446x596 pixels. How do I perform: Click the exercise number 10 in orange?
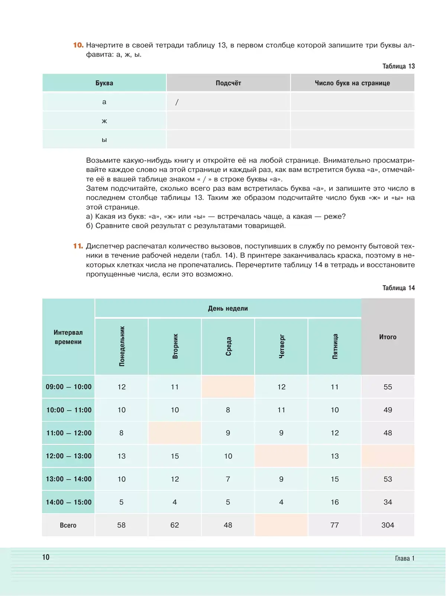pos(78,45)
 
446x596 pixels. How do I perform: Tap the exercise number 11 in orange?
pos(78,246)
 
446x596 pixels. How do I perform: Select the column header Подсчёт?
pos(228,83)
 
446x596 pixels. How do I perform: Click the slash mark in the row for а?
pos(177,102)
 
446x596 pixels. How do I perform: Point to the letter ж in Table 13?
pos(104,121)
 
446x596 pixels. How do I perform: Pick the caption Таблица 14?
pos(398,288)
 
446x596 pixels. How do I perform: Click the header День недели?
pos(228,308)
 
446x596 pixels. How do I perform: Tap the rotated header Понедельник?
pos(122,346)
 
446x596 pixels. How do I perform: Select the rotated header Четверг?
pos(282,346)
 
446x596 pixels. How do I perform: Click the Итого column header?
pos(388,337)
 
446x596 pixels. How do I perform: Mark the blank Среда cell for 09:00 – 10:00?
pos(228,387)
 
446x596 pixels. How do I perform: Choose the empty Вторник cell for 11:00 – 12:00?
pos(175,433)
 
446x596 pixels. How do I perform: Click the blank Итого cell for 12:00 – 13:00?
pos(388,456)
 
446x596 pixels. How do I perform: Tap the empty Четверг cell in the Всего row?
pos(281,525)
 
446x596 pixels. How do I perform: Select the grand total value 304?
pos(388,525)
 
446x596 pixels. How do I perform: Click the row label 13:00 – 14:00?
pos(68,479)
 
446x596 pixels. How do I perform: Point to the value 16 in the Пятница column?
pos(334,502)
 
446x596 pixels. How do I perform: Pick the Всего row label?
pos(68,525)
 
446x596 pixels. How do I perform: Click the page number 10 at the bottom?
pos(46,557)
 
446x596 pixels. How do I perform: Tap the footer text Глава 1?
pos(404,558)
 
